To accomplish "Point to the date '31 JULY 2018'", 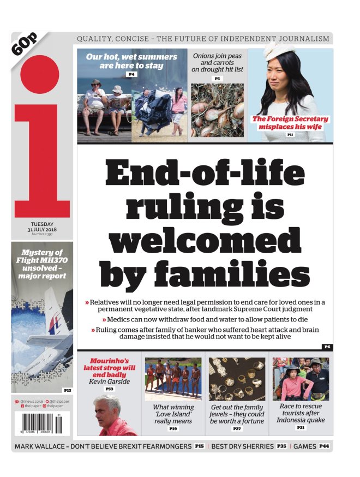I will [41, 229].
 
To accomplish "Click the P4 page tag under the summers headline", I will [131, 74].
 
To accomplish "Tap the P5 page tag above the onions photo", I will [217, 79].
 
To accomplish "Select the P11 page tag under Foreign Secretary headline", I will [290, 134].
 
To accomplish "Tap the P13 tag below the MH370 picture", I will [67, 390].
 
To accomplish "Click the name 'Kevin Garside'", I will [109, 381].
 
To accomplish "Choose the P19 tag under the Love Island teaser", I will [173, 429].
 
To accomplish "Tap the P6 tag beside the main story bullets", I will [327, 347].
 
